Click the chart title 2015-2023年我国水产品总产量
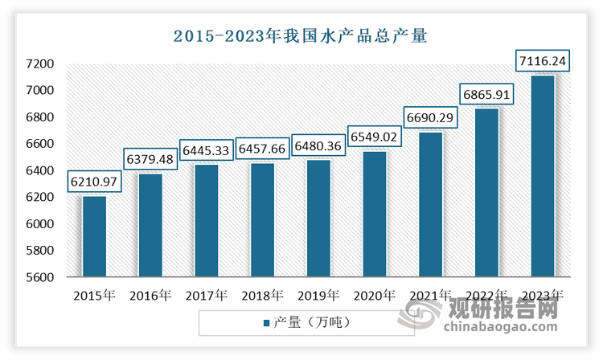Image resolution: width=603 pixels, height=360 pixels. [301, 35]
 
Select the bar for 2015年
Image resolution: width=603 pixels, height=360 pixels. [94, 236]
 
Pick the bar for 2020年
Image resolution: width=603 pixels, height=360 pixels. [375, 214]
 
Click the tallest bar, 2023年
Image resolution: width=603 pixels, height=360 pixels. [543, 176]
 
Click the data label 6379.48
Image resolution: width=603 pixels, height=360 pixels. [150, 157]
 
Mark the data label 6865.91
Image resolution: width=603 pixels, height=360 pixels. [487, 93]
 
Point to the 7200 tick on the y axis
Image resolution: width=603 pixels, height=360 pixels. [40, 63]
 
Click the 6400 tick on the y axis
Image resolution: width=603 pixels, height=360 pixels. [40, 170]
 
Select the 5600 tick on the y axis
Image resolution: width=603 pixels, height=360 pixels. [40, 277]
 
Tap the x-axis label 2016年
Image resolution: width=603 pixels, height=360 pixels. [150, 295]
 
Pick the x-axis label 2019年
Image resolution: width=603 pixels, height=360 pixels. [318, 295]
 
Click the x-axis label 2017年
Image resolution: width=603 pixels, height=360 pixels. [207, 295]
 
